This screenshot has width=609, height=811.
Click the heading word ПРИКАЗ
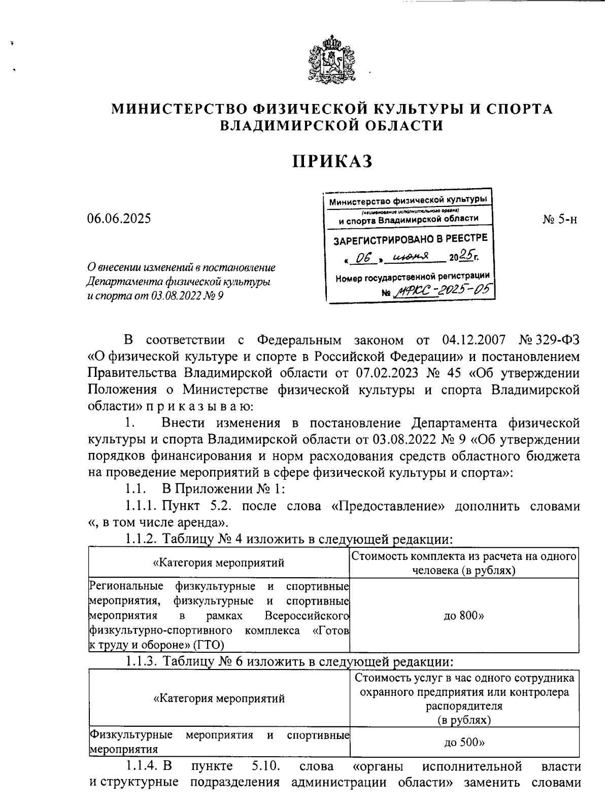332,161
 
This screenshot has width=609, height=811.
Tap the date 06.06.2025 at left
119,219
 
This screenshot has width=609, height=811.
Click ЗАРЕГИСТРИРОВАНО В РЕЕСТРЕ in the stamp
410,239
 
